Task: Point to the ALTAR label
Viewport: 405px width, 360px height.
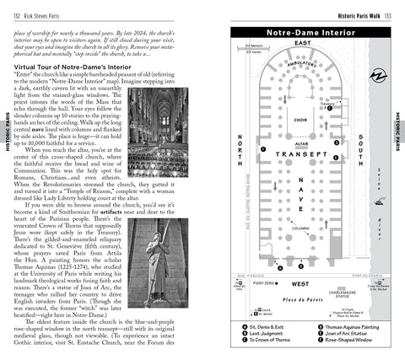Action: coord(300,144)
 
